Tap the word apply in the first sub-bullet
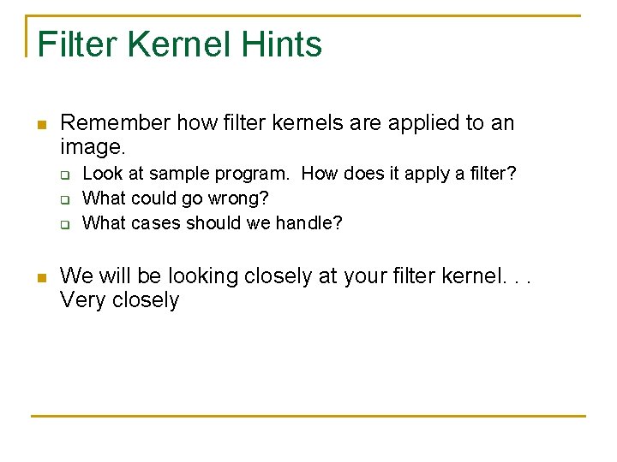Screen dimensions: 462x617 pos(426,175)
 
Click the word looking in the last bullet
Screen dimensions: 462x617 pos(199,277)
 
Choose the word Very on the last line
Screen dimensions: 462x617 pos(82,300)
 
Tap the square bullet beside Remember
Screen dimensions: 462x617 pos(40,125)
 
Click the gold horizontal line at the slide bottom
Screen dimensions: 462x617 pos(308,417)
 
